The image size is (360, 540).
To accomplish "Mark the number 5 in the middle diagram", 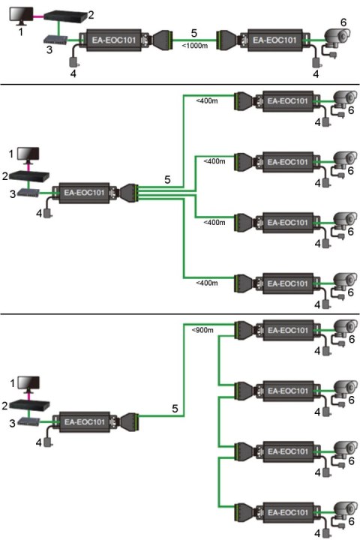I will click(x=169, y=180).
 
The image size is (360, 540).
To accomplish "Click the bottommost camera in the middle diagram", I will click(x=343, y=283).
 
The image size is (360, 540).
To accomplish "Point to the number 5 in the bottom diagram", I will click(x=175, y=409).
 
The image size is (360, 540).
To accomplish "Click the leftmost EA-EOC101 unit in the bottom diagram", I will click(x=85, y=422).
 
